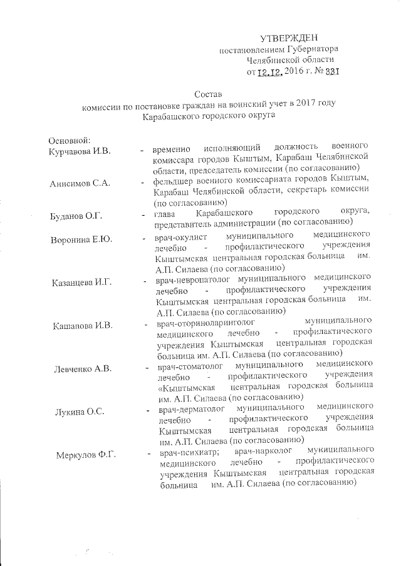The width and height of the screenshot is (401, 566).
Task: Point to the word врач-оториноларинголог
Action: pyautogui.click(x=206, y=323)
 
